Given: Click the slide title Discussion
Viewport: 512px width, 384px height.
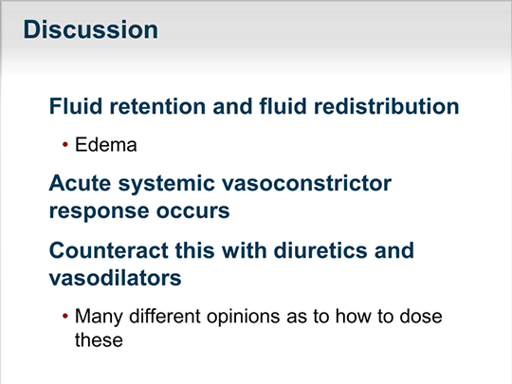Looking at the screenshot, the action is (x=90, y=29).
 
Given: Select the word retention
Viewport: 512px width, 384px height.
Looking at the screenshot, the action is (x=157, y=106).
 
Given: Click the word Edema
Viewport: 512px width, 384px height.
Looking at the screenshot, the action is (x=106, y=145).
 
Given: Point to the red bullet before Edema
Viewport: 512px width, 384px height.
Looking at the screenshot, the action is (x=65, y=144).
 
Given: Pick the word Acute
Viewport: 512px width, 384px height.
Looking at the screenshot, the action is (x=80, y=183).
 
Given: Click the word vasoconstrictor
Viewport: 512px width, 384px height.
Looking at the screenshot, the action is (x=306, y=183).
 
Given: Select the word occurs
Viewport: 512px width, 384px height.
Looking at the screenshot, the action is (x=193, y=211).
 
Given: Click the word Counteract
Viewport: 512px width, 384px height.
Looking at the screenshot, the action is (x=108, y=250).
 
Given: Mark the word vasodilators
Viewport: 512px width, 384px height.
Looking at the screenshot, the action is (x=116, y=278).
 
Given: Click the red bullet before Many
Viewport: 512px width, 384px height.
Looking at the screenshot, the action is (x=65, y=316).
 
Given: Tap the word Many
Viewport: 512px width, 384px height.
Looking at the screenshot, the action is (x=99, y=317).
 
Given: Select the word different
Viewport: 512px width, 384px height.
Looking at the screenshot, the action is (x=165, y=316).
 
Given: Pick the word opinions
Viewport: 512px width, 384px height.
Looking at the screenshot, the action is (x=244, y=317).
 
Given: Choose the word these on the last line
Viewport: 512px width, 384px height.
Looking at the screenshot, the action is (x=99, y=340).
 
